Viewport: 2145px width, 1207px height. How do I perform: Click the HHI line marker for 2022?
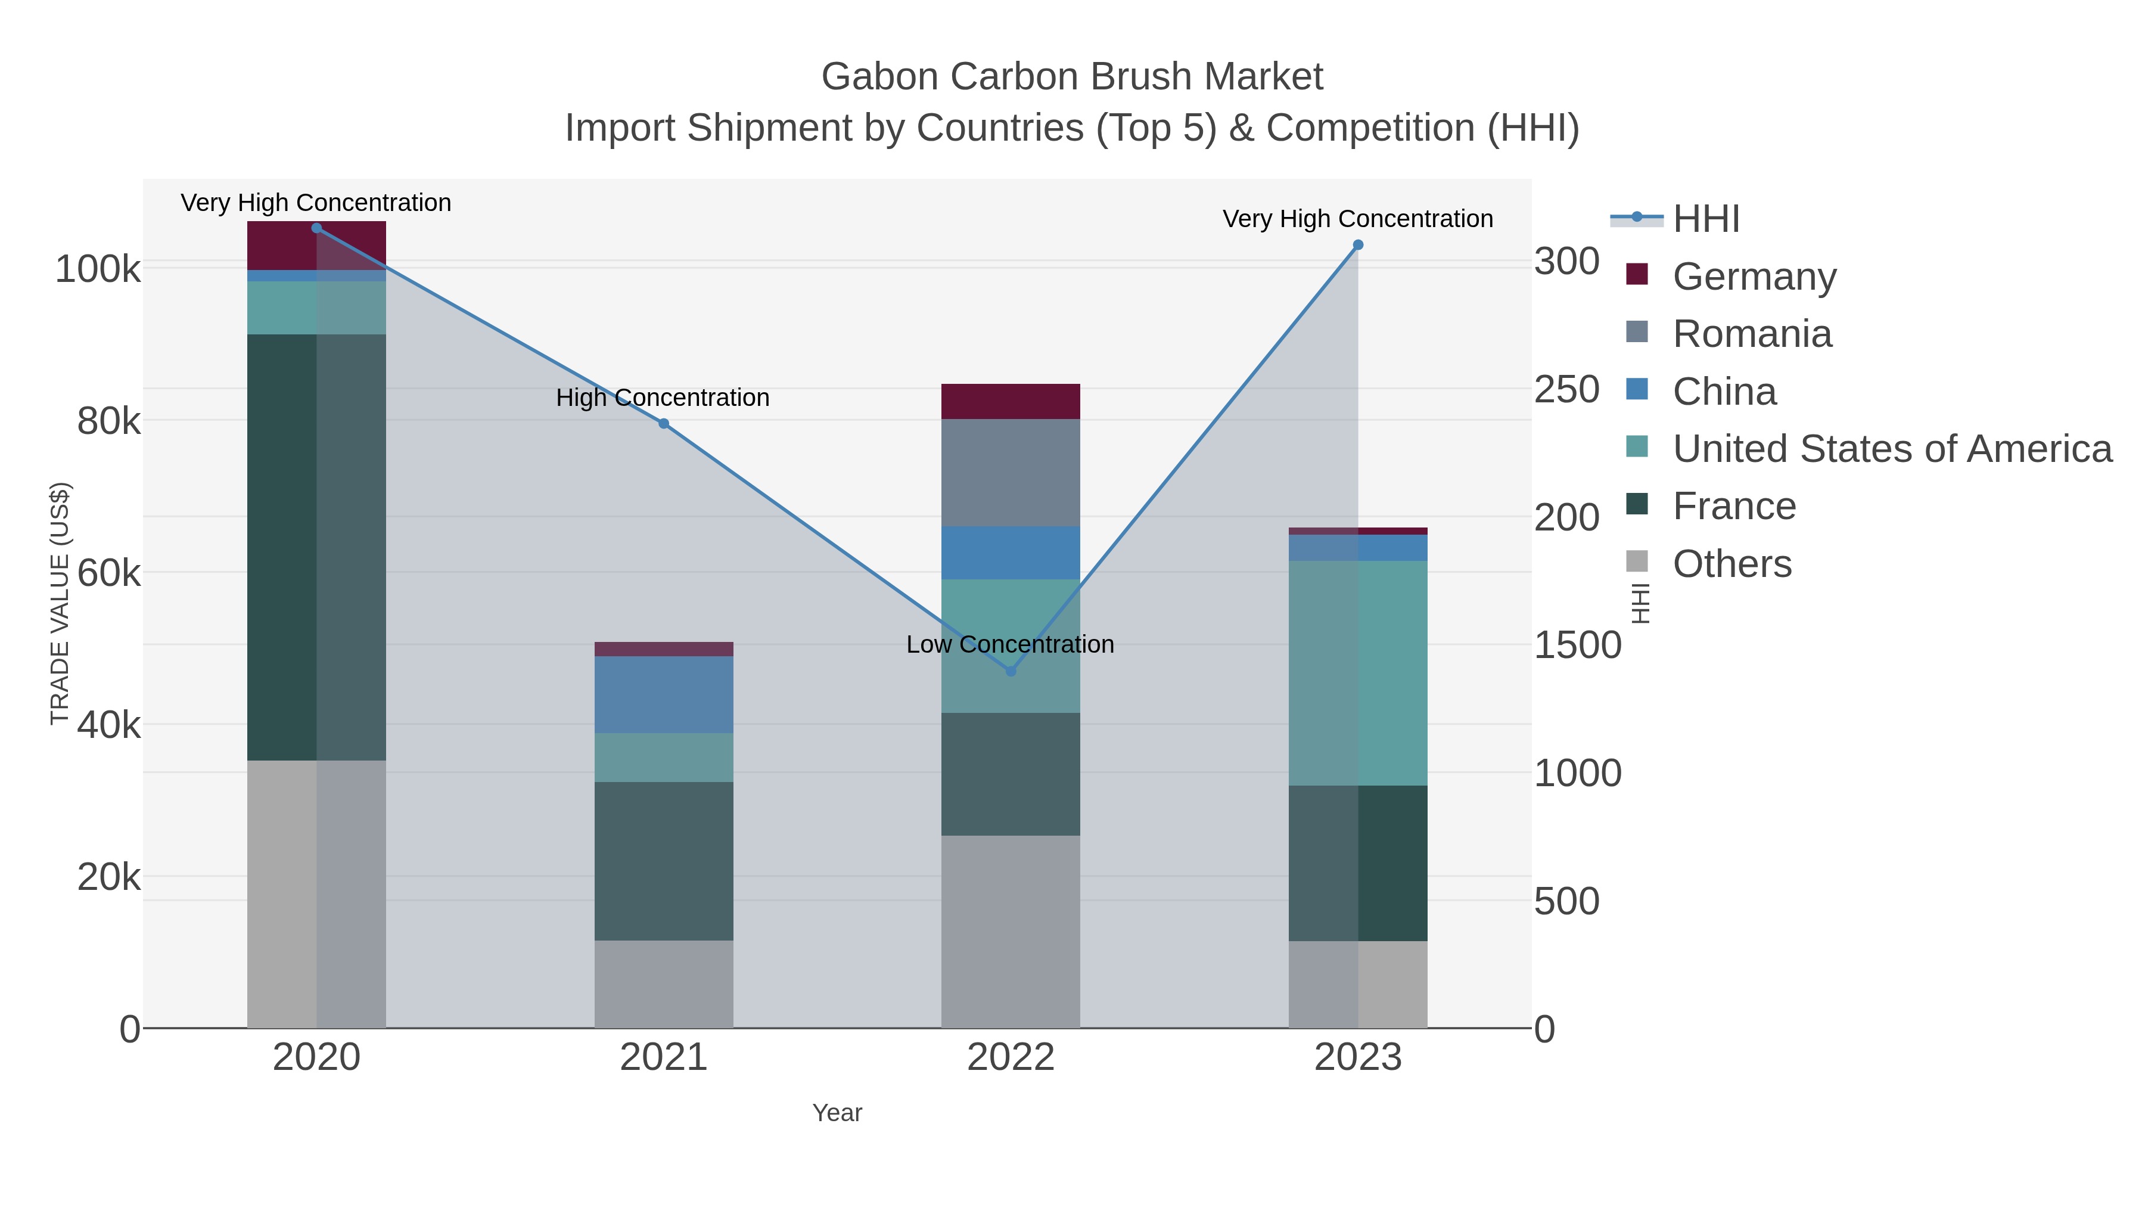coord(1011,671)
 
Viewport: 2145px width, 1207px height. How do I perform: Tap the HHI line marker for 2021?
coord(664,423)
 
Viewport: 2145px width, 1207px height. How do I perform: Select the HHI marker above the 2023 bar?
coord(1357,245)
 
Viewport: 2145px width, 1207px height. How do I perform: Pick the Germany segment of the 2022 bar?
coord(1011,402)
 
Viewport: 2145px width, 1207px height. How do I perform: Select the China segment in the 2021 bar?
coord(664,695)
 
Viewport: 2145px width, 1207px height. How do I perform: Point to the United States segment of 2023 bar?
coord(1357,673)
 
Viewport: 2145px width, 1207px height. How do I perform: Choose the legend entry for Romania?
coord(1752,334)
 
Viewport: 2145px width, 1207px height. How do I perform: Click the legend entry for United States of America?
coord(1892,449)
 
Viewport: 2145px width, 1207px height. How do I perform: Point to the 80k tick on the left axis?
coord(109,421)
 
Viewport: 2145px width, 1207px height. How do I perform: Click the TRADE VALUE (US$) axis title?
coord(60,603)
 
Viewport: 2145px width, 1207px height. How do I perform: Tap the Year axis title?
coord(837,1113)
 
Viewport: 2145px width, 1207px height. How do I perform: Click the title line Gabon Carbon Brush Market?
coord(1072,77)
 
